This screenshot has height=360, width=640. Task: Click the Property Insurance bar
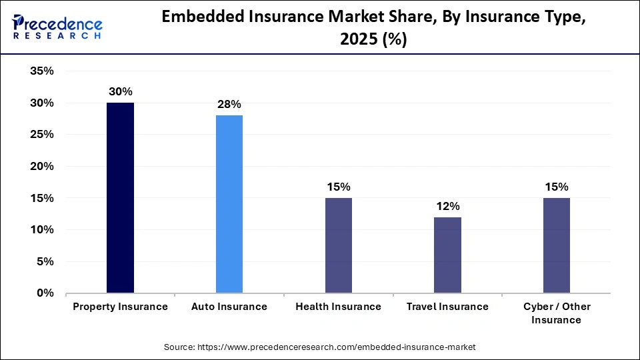(x=120, y=198)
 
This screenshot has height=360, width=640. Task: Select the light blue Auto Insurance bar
(x=229, y=204)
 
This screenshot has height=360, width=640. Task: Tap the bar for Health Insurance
(x=339, y=245)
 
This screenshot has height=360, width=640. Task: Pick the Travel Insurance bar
(x=447, y=255)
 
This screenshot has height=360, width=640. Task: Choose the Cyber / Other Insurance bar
(x=557, y=245)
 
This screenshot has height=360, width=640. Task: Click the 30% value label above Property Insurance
(x=120, y=92)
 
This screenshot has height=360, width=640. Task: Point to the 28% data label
(x=229, y=105)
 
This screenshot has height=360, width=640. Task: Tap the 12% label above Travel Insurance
(x=447, y=206)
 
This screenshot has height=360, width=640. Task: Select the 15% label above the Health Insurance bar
(x=339, y=187)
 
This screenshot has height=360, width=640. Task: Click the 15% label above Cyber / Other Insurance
(x=557, y=187)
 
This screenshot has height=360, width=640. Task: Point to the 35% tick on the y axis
(x=41, y=71)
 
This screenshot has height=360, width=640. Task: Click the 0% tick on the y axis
(x=45, y=293)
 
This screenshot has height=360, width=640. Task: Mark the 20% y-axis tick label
(x=41, y=167)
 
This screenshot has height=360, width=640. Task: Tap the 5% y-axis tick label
(x=45, y=262)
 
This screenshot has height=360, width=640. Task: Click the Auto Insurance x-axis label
(x=229, y=307)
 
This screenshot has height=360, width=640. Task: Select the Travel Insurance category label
(x=447, y=307)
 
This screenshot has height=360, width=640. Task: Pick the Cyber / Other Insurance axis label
(x=557, y=313)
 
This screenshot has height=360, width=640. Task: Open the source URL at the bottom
(x=319, y=347)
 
